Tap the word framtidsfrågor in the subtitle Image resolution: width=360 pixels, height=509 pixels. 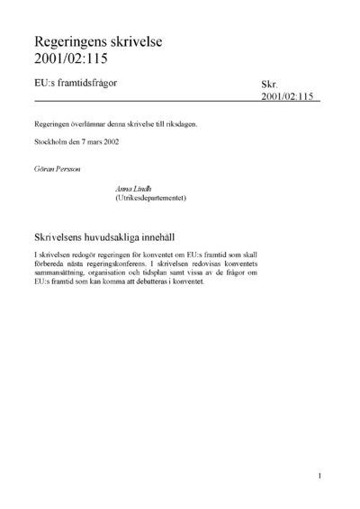pos(90,83)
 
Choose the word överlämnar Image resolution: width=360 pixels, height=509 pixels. pos(94,125)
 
